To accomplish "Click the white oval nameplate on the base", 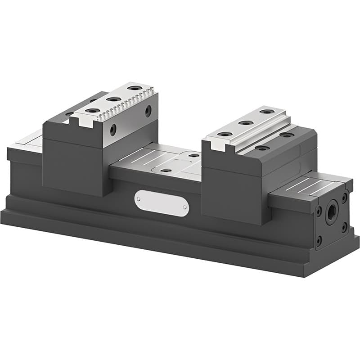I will (162, 203).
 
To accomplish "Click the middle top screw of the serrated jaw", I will (114, 99).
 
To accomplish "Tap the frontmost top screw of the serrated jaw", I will (93, 110).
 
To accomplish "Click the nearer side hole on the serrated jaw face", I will (113, 130).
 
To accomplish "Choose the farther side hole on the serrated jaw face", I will (148, 111).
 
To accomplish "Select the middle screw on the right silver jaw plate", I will (246, 122).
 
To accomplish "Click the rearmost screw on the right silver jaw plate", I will (266, 112).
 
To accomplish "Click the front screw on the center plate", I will (166, 171).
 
